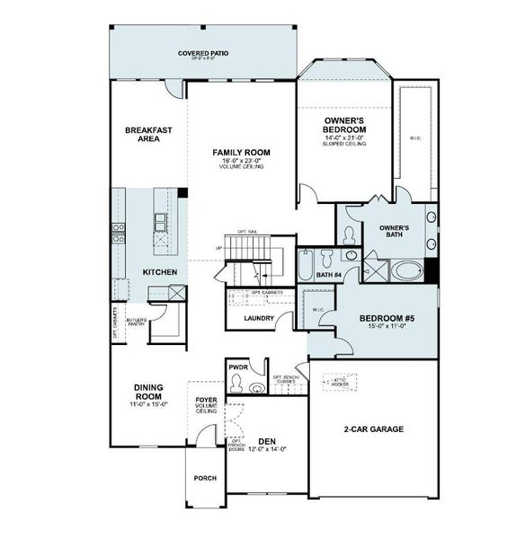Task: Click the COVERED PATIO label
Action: (x=202, y=54)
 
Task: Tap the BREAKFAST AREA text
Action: (x=148, y=134)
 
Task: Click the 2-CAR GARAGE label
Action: (x=373, y=429)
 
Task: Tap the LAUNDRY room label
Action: (x=258, y=318)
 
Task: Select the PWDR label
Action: (x=238, y=367)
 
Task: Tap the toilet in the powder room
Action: (x=236, y=384)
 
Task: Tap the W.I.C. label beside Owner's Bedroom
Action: (x=415, y=137)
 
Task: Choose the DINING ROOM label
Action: (x=148, y=392)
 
